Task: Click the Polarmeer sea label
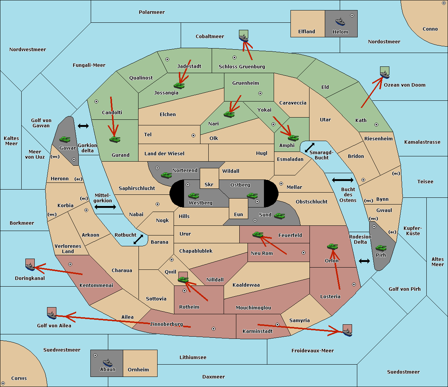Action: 152,12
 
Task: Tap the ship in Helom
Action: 340,21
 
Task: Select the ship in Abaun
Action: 108,362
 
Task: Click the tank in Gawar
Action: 65,139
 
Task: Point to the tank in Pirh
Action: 381,248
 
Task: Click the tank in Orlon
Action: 332,246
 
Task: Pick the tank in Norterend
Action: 166,175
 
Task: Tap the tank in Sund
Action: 279,216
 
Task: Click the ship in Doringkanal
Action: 30,266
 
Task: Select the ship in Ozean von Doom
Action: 384,74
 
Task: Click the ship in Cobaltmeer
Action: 243,37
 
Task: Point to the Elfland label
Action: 307,32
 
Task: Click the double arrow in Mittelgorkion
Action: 105,207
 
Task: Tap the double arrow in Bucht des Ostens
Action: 342,180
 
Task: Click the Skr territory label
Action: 209,184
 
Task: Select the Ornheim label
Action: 138,370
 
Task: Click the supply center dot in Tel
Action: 193,135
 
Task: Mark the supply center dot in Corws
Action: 3,383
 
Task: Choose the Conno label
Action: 430,29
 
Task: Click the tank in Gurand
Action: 115,139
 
